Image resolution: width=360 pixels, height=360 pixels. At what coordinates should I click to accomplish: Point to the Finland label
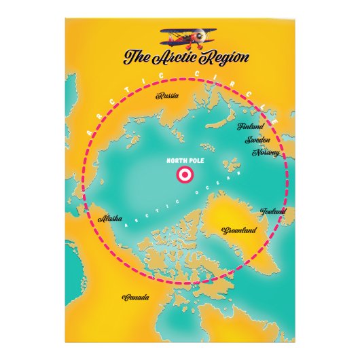coord(250,126)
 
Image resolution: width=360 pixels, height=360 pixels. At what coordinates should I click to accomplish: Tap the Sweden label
coord(258,139)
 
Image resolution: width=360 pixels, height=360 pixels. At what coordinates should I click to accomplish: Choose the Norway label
coord(266,152)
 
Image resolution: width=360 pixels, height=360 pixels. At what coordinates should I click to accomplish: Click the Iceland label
coord(274,212)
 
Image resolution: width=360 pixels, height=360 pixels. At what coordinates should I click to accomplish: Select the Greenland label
coord(239,231)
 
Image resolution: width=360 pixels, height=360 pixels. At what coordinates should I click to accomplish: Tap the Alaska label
coord(110,219)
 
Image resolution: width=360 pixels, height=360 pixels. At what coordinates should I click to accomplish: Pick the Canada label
coord(135,298)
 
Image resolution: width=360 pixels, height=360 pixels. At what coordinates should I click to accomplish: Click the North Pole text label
coord(184,161)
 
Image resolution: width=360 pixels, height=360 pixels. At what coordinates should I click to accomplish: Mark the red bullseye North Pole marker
coord(184,176)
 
